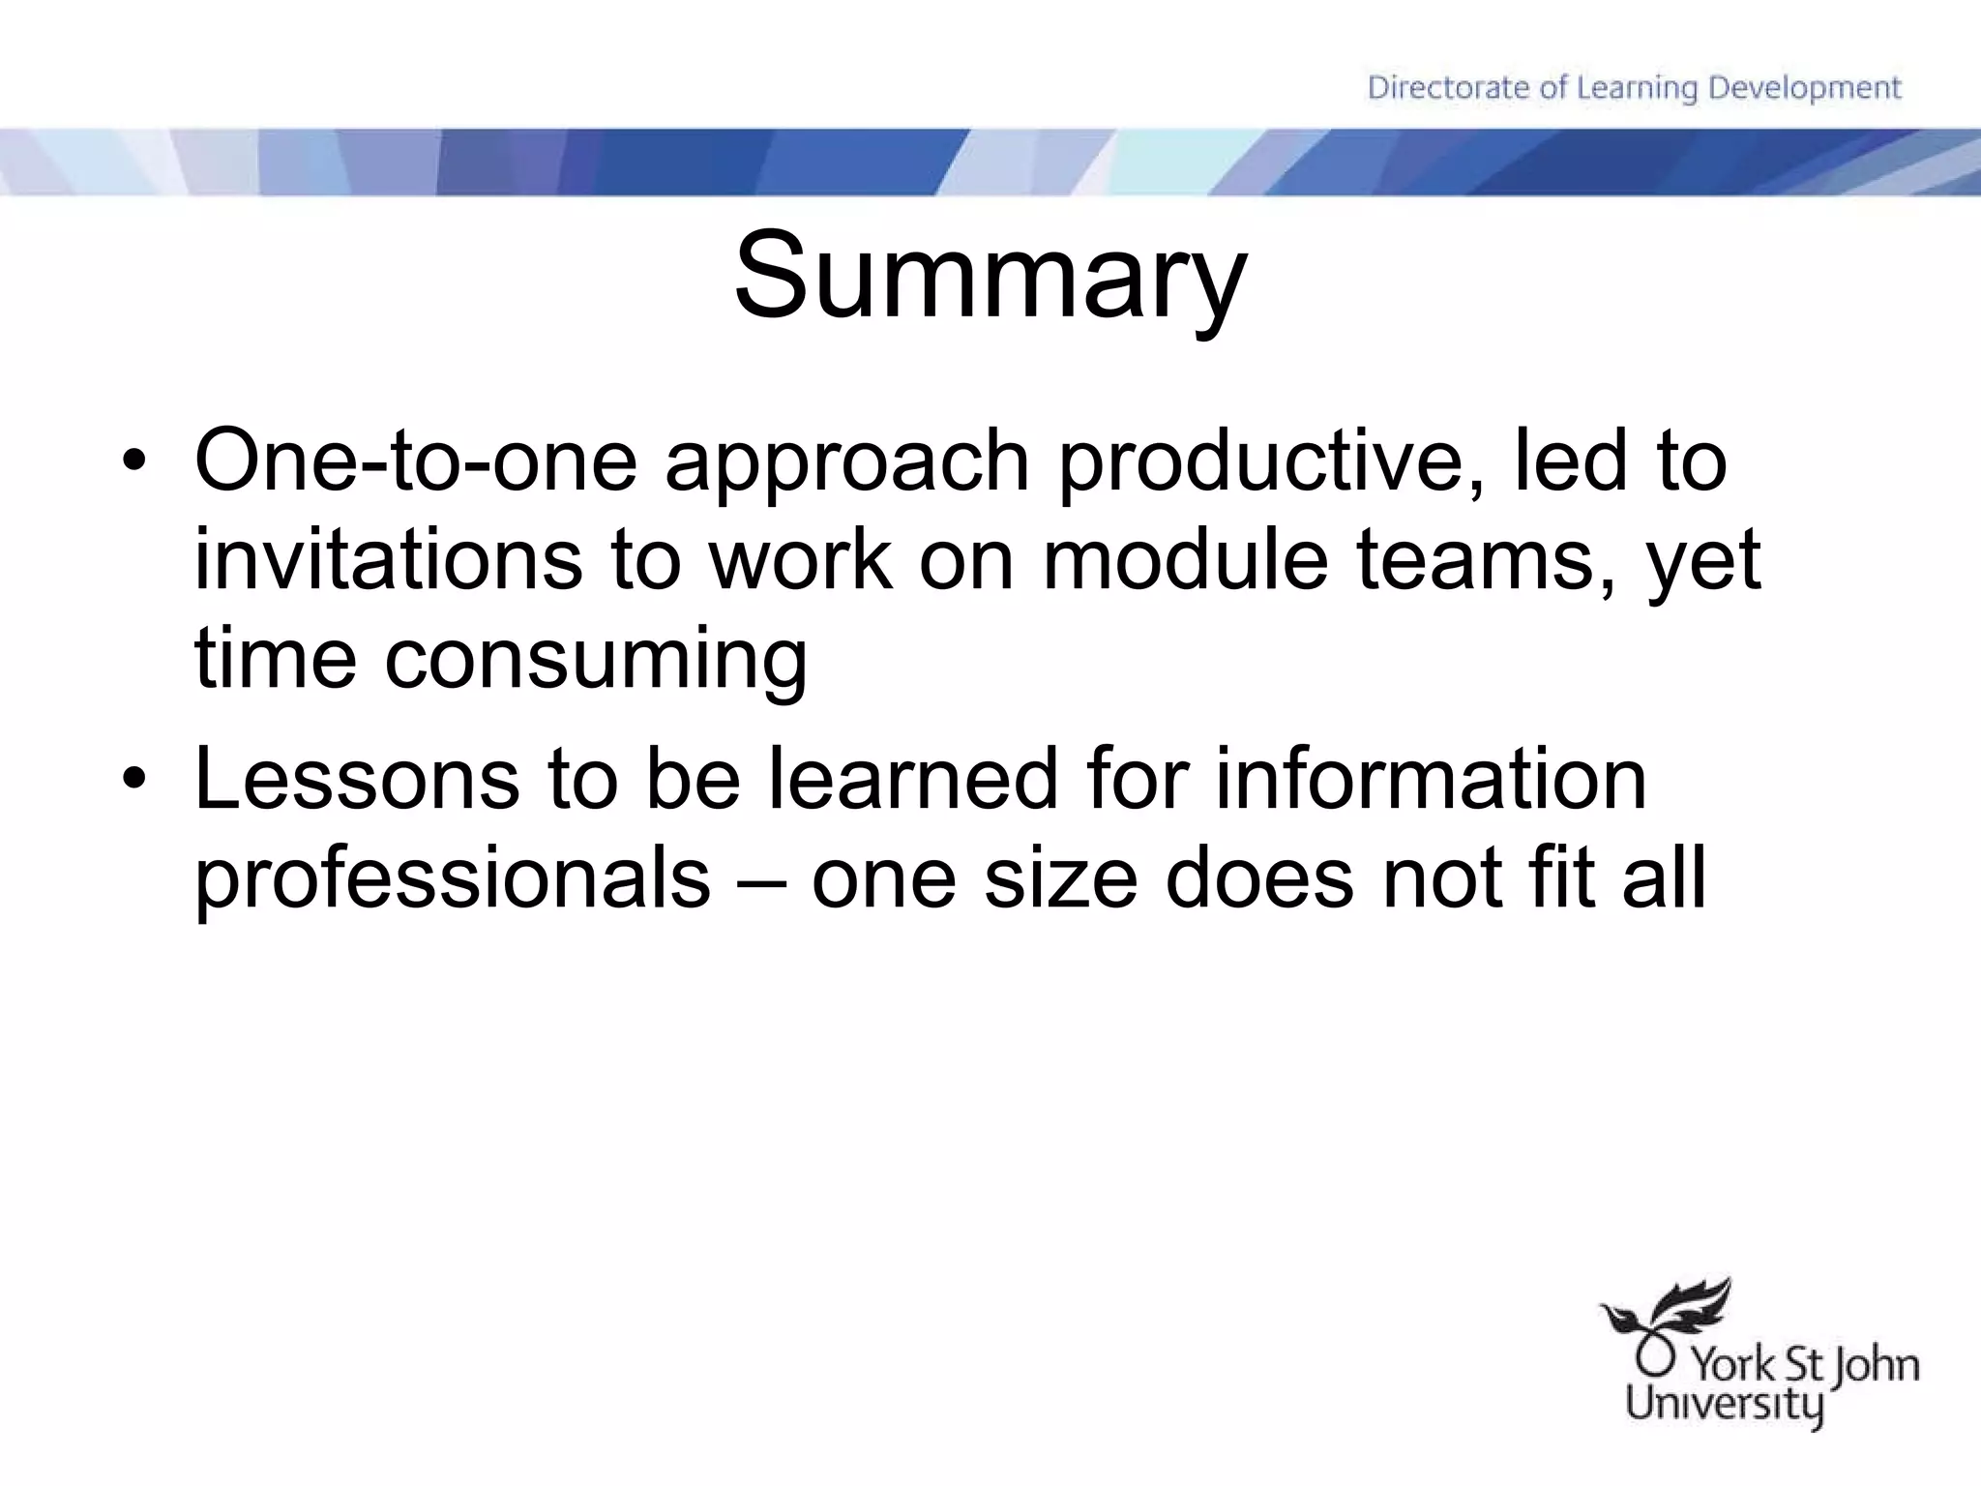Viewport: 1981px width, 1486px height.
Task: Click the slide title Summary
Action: point(990,276)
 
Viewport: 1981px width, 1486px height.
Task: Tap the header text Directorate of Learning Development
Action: point(1634,88)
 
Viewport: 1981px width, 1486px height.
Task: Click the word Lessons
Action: point(357,780)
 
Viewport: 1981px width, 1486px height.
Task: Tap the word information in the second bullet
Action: point(1431,780)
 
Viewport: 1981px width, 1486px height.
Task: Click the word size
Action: point(1060,880)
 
